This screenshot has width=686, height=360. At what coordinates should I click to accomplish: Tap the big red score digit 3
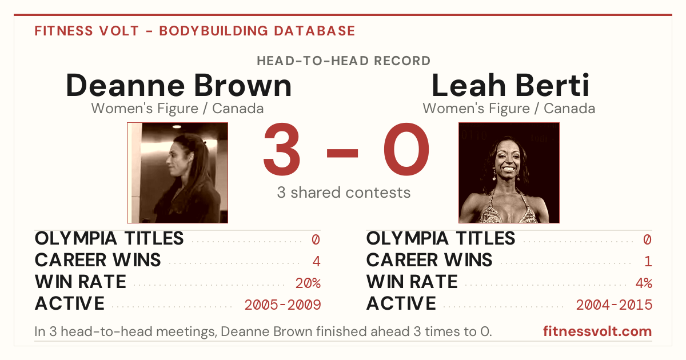click(282, 149)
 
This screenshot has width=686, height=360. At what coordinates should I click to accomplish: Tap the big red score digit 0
click(406, 149)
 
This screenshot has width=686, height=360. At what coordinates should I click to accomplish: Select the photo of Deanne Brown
click(178, 173)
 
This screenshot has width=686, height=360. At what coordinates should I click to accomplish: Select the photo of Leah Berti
click(509, 173)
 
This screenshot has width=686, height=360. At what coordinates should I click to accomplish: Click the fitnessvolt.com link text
click(597, 331)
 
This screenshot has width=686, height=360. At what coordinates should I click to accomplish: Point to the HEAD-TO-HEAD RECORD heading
click(344, 61)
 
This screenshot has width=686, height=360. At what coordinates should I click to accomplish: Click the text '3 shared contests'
click(344, 193)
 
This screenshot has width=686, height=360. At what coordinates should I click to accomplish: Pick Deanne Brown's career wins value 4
click(316, 261)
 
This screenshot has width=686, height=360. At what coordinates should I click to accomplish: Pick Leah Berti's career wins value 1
click(648, 261)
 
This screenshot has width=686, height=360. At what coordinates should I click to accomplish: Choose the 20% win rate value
click(308, 283)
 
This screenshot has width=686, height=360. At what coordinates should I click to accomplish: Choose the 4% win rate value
click(644, 283)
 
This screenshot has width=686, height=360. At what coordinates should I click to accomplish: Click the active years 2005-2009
click(282, 305)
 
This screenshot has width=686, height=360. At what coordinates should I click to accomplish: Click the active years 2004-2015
click(615, 305)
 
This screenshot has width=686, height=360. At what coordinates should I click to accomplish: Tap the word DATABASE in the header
click(314, 31)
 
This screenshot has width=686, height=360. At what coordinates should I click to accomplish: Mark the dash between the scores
click(342, 153)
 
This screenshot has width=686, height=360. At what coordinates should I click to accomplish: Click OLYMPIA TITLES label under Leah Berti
click(441, 238)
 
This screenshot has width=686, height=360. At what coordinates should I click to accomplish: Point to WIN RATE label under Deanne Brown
click(81, 282)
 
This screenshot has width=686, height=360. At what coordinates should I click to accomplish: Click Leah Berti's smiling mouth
click(509, 169)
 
